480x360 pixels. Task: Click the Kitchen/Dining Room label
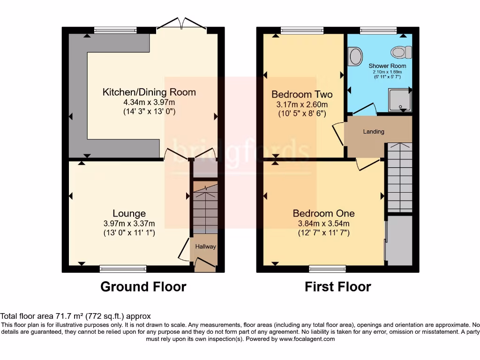click(149, 92)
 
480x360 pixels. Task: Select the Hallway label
click(206, 247)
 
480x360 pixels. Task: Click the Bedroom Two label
click(300, 94)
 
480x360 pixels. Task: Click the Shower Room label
click(384, 66)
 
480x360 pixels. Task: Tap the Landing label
click(374, 132)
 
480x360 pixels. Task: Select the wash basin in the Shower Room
click(355, 57)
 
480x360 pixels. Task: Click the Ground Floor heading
click(143, 286)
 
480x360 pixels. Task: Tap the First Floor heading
click(337, 286)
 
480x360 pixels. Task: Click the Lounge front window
click(123, 269)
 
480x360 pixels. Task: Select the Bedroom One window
click(328, 269)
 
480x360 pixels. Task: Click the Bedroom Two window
click(302, 30)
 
